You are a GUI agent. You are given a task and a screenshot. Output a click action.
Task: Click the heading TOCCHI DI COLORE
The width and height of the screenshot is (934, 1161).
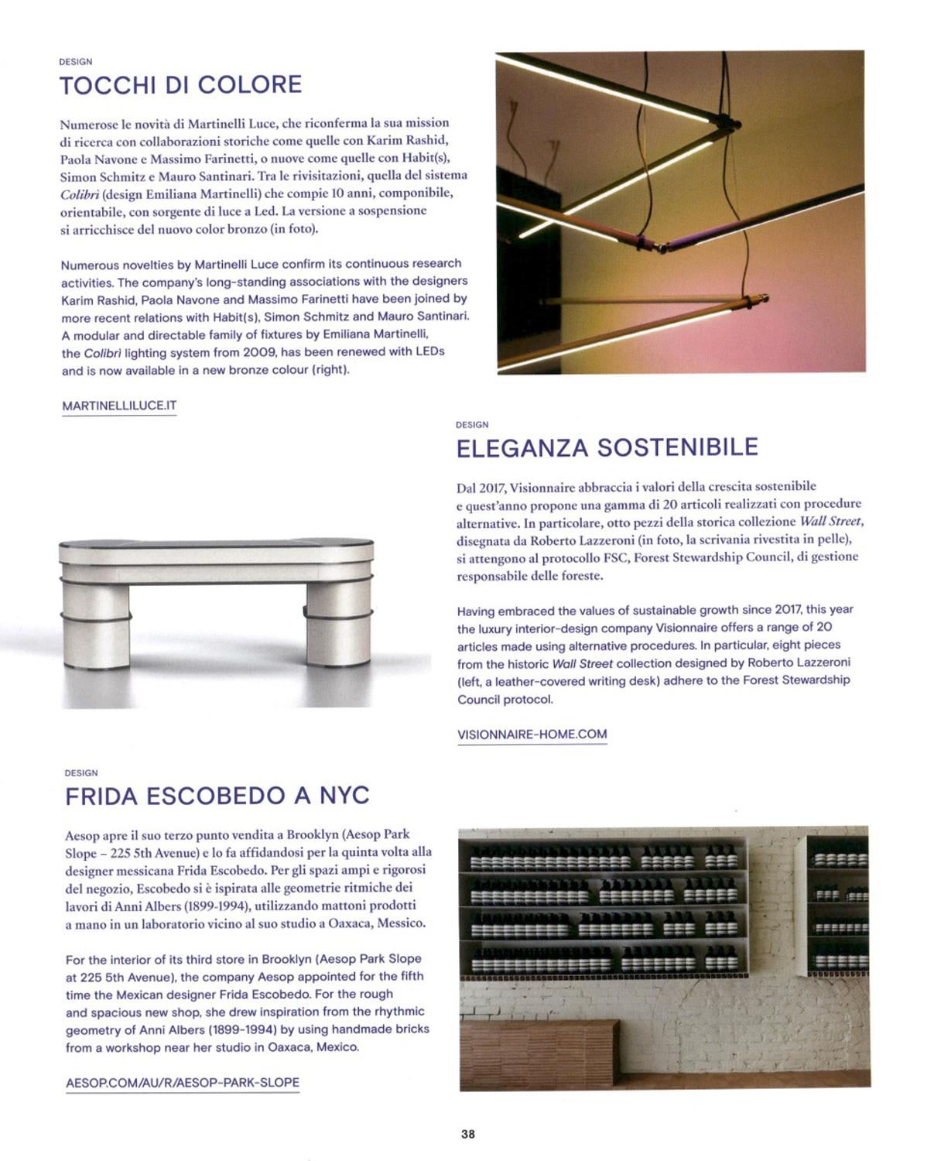[x=180, y=84]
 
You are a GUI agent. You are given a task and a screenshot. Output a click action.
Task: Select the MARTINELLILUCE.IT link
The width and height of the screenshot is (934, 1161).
[x=119, y=406]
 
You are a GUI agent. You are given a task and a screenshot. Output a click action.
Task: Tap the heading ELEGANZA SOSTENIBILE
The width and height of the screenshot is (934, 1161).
[x=607, y=447]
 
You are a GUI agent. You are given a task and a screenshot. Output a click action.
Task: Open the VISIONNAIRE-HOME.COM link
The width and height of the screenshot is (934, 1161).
[x=532, y=734]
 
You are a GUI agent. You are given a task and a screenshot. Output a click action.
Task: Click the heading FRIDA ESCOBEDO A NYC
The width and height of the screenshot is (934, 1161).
[x=217, y=796]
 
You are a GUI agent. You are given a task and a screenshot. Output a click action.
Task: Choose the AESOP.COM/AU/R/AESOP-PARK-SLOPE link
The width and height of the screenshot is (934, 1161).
[x=182, y=1082]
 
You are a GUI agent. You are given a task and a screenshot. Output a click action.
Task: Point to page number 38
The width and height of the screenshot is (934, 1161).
[x=467, y=1134]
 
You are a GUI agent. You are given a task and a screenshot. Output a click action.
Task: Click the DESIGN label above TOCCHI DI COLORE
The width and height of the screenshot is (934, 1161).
[x=75, y=62]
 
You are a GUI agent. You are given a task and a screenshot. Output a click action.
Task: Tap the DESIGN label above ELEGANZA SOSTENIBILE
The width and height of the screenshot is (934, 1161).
[x=472, y=425]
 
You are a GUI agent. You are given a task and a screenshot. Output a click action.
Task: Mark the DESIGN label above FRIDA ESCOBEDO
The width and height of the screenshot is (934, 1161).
[x=81, y=772]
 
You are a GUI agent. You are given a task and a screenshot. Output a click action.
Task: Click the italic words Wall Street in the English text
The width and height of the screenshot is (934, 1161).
[x=582, y=663]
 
